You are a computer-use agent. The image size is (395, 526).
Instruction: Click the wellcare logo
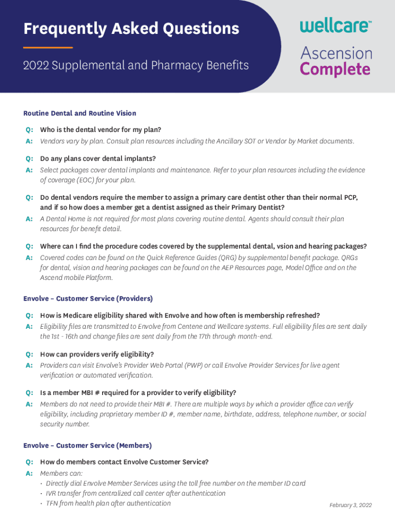tap(335, 25)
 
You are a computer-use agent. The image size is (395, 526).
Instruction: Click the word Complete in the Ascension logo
tap(335, 69)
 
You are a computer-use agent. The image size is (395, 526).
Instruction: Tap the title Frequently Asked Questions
tap(131, 29)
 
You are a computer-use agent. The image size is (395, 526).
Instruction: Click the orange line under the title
tap(48, 48)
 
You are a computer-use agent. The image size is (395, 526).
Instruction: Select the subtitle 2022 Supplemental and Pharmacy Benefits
tap(136, 66)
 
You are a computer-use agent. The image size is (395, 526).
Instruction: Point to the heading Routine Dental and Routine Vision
tap(80, 113)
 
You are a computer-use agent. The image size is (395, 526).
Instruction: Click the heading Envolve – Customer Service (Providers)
tap(88, 298)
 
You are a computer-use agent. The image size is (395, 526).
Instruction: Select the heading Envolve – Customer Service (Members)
tap(87, 445)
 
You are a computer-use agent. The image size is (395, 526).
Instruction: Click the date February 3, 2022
tap(350, 505)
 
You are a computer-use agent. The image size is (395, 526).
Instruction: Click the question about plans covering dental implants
tap(97, 158)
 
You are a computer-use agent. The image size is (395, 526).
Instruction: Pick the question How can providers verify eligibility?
tap(97, 354)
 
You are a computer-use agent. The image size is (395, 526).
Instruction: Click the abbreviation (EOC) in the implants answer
tap(88, 180)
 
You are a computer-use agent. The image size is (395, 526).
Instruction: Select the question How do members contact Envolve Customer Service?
tap(124, 462)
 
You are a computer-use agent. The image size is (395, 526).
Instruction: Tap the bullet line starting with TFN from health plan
tap(108, 503)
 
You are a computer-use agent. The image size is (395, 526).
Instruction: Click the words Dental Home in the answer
tap(63, 219)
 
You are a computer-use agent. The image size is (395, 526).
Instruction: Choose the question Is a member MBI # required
tap(138, 392)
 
